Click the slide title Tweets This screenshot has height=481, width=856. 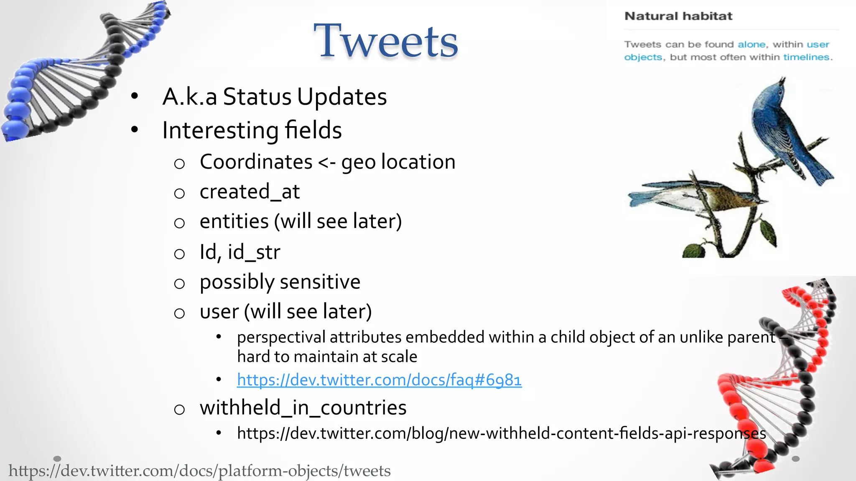pyautogui.click(x=385, y=41)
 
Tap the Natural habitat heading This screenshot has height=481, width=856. pyautogui.click(x=678, y=16)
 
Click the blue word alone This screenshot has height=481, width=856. pyautogui.click(x=752, y=44)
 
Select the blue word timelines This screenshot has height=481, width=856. pyautogui.click(x=806, y=57)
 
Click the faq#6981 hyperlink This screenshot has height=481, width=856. pyautogui.click(x=379, y=380)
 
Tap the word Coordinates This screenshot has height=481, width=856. pyautogui.click(x=256, y=162)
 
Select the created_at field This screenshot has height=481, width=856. pyautogui.click(x=250, y=192)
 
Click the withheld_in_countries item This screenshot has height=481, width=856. pyautogui.click(x=303, y=408)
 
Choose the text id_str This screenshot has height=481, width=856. pyautogui.click(x=254, y=252)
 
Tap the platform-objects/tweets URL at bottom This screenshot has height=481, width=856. pyautogui.click(x=199, y=471)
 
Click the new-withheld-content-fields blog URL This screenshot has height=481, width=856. pyautogui.click(x=501, y=433)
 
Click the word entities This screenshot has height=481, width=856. pyautogui.click(x=234, y=221)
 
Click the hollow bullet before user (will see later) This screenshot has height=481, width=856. pyautogui.click(x=179, y=314)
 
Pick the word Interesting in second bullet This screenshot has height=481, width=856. pyautogui.click(x=220, y=130)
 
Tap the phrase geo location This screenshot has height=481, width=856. pyautogui.click(x=398, y=162)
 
